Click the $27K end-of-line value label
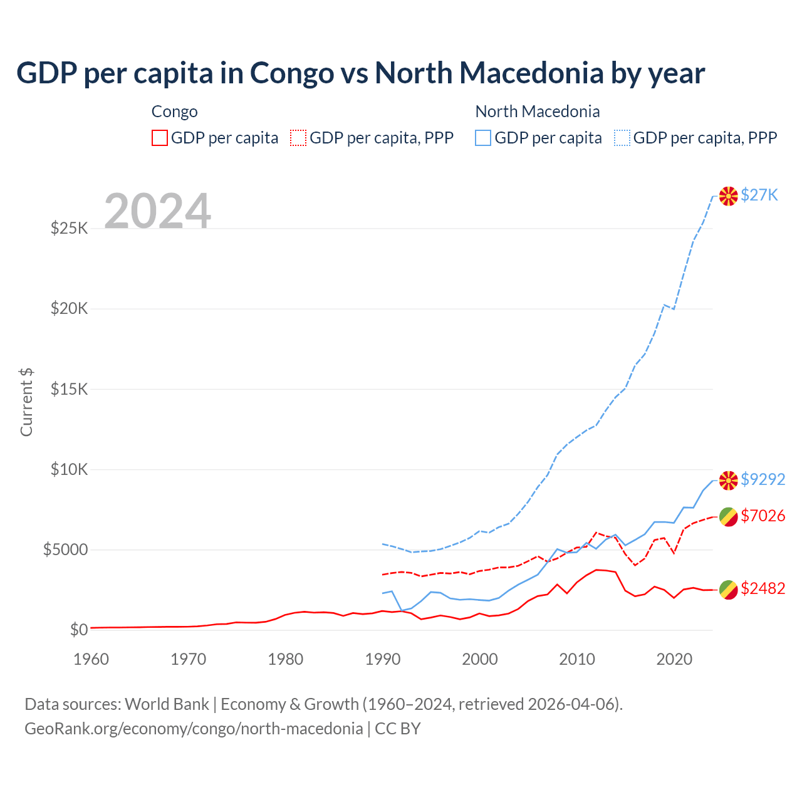click(x=759, y=195)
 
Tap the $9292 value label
click(x=763, y=479)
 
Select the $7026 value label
click(x=763, y=516)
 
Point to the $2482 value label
click(x=763, y=588)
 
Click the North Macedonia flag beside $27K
click(x=728, y=196)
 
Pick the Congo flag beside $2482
click(x=728, y=589)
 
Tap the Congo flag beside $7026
click(x=728, y=517)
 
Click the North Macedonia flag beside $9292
click(x=728, y=481)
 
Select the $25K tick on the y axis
click(x=70, y=228)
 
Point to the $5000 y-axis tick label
click(x=66, y=549)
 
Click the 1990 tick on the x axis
click(x=382, y=659)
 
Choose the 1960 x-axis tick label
click(x=91, y=659)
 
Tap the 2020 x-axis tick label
click(x=674, y=659)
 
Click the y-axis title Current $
click(x=26, y=402)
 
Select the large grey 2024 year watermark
click(x=157, y=211)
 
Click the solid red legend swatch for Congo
click(x=160, y=138)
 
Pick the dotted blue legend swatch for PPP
click(x=622, y=138)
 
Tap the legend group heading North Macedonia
click(x=538, y=112)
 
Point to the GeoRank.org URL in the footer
click(x=194, y=728)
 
